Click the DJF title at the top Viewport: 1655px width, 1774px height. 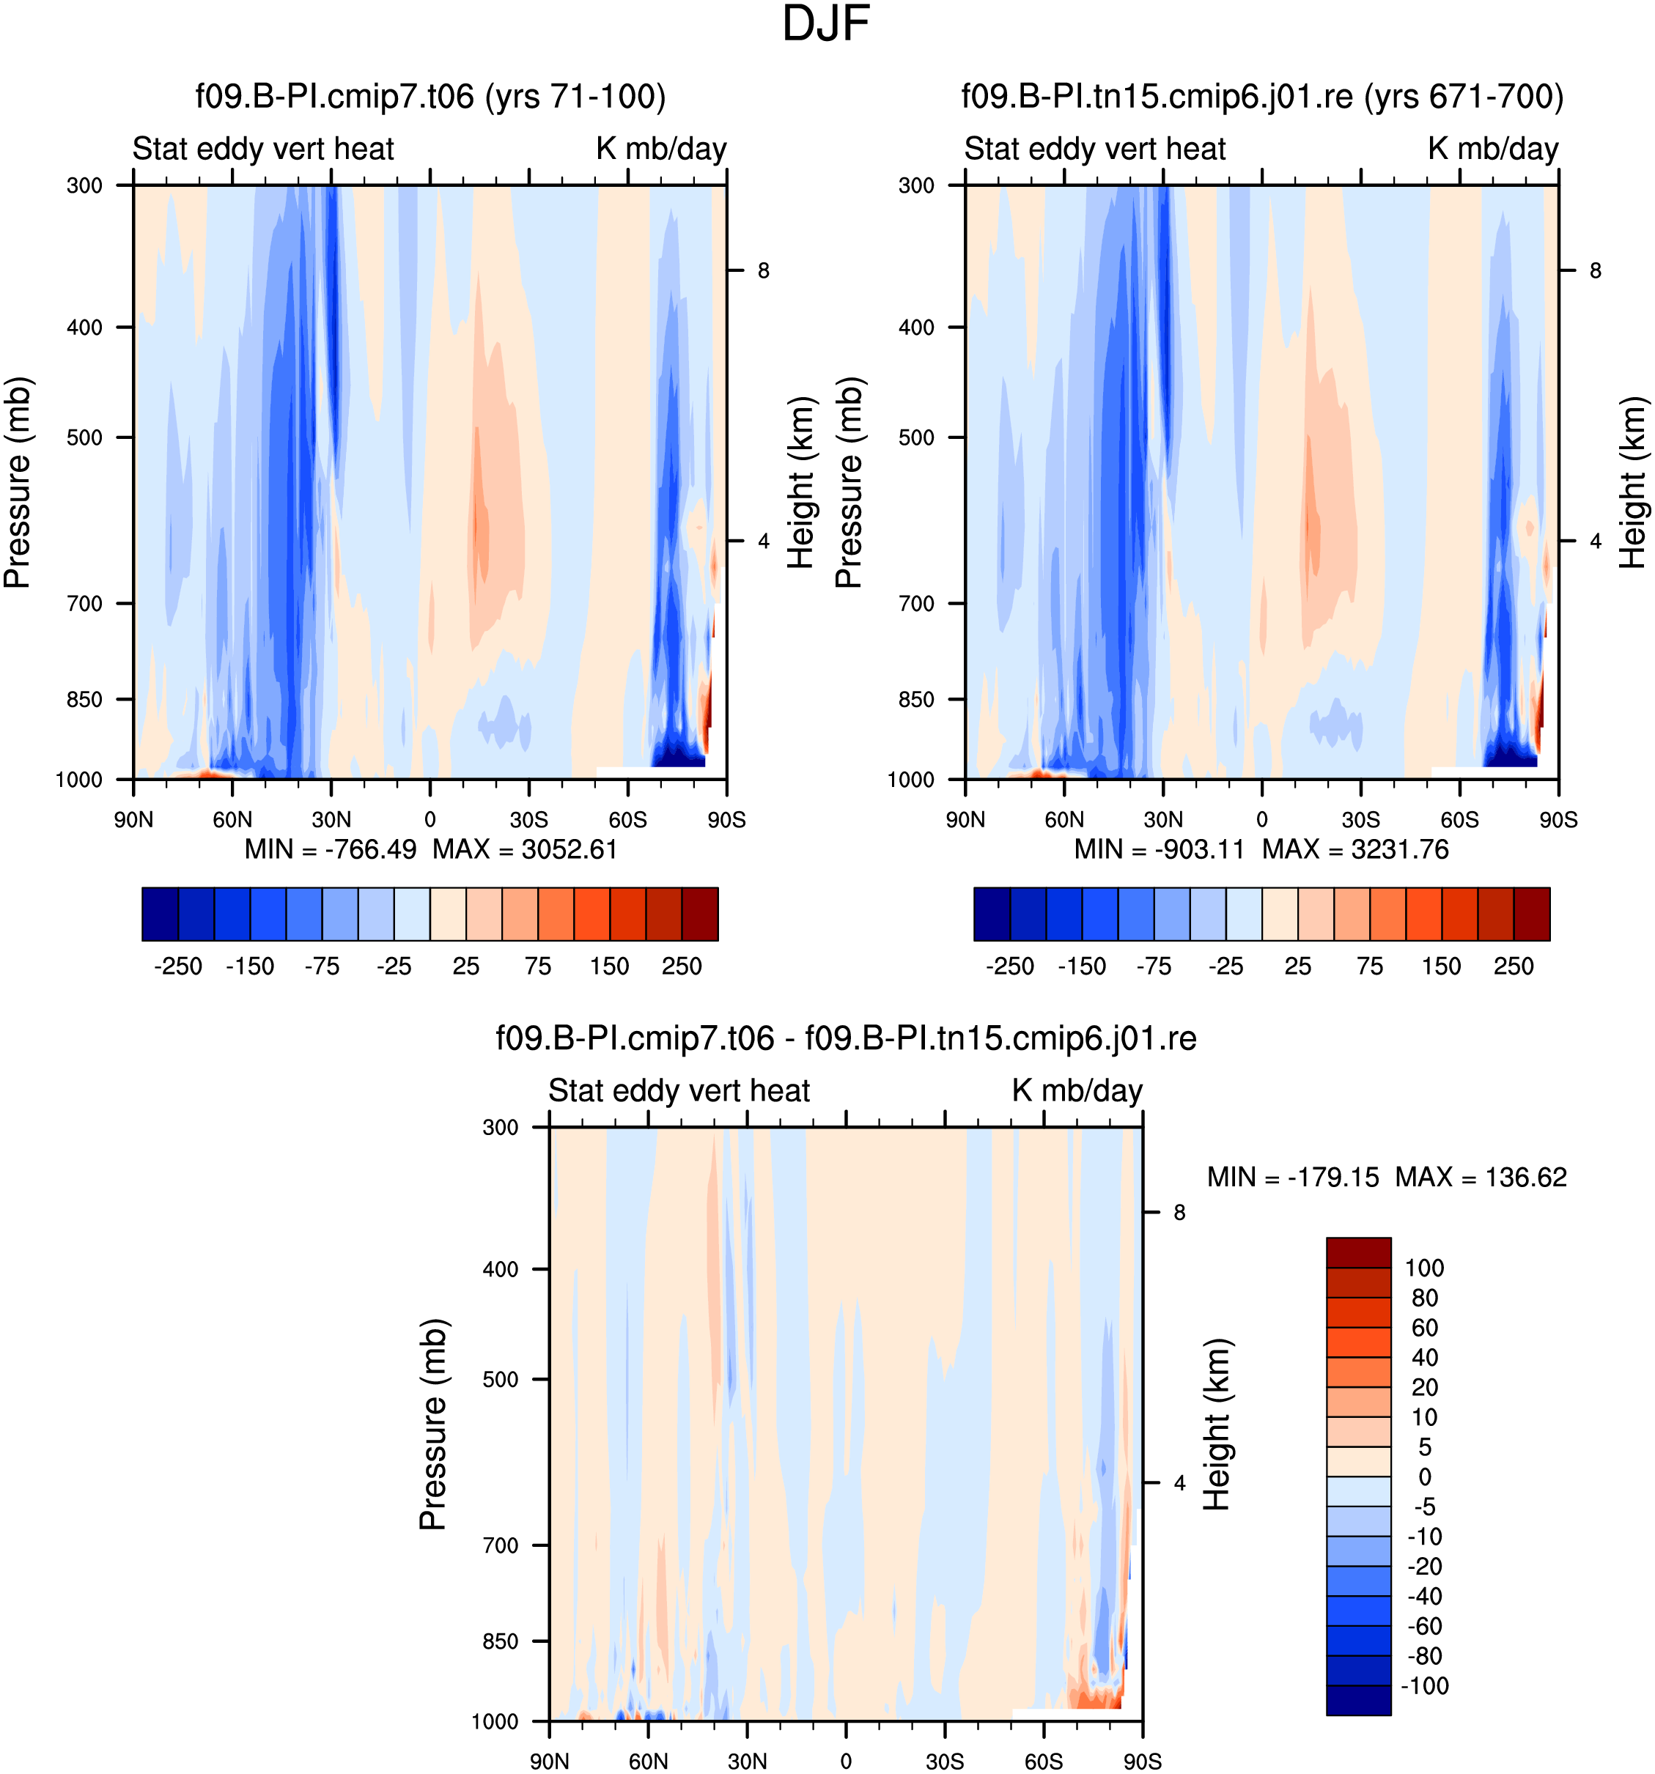point(826,24)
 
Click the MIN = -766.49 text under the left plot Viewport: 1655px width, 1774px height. point(331,849)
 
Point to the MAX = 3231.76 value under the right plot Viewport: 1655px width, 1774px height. point(1355,849)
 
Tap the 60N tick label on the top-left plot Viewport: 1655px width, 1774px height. point(232,819)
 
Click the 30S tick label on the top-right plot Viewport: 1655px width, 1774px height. point(1360,819)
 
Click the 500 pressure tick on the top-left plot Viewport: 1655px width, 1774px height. point(85,437)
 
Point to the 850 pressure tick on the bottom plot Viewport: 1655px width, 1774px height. point(501,1641)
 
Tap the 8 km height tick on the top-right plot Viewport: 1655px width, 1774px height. point(1595,270)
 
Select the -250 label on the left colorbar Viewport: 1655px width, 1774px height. point(179,966)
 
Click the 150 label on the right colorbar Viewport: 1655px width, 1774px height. point(1442,966)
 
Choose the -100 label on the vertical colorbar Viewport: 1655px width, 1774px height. point(1425,1685)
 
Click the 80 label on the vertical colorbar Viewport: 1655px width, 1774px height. point(1425,1298)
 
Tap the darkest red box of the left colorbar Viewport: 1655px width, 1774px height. point(700,914)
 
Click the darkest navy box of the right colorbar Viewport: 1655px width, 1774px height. point(992,914)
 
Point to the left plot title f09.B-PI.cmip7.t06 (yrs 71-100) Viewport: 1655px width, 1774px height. point(430,97)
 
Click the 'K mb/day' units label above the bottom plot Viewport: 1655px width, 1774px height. point(1077,1090)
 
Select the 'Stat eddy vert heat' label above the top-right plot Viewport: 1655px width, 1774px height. point(1094,148)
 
